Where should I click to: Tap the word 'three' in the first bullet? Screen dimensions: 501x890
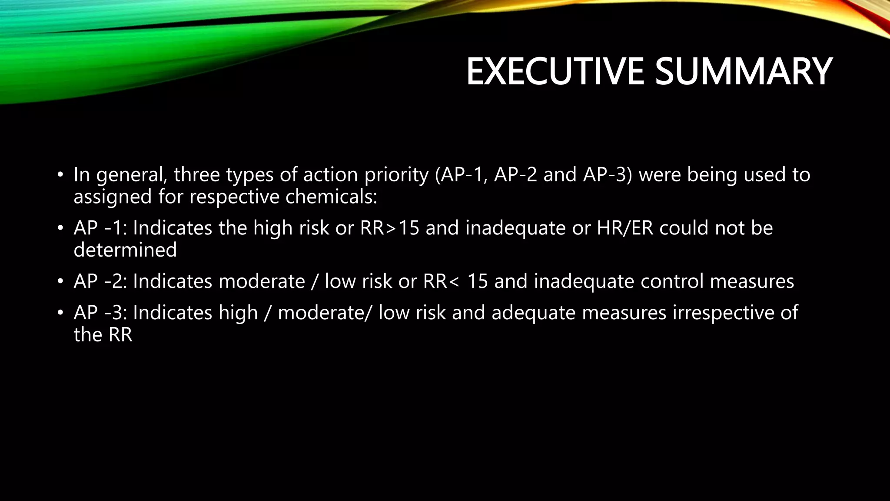tap(196, 175)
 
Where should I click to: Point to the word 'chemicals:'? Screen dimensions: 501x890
tap(331, 197)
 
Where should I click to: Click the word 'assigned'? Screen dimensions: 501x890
tap(113, 197)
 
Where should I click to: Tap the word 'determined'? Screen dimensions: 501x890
tap(125, 250)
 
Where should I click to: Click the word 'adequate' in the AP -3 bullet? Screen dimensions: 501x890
tap(533, 313)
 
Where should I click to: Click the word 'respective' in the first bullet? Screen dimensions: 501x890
tap(234, 197)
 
